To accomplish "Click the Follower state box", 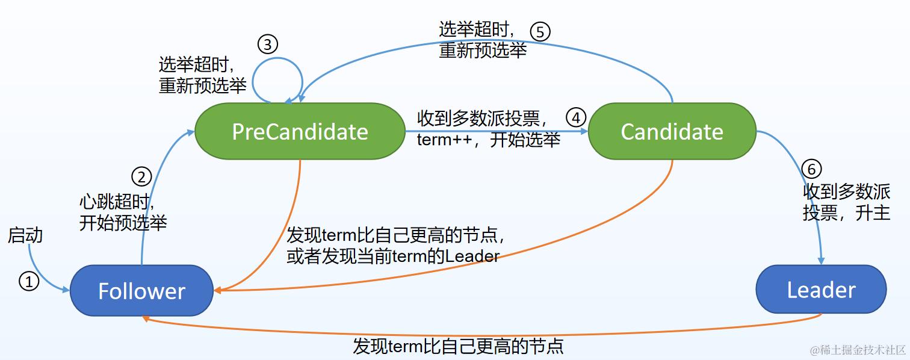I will [141, 291].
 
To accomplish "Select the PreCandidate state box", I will [300, 131].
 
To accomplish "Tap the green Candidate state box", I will [672, 131].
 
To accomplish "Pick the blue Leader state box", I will [821, 290].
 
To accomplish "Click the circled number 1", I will [29, 281].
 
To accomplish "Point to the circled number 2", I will [141, 176].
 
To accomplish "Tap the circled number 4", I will [576, 117].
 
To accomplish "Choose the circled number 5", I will [540, 31].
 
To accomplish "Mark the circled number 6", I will [811, 169].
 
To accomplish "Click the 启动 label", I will [25, 235].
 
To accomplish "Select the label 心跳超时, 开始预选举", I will [122, 212].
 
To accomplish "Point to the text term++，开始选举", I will [488, 140].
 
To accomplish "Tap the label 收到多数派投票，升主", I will [846, 202].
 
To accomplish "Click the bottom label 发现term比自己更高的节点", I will [458, 346].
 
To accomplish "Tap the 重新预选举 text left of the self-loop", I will [202, 85].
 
